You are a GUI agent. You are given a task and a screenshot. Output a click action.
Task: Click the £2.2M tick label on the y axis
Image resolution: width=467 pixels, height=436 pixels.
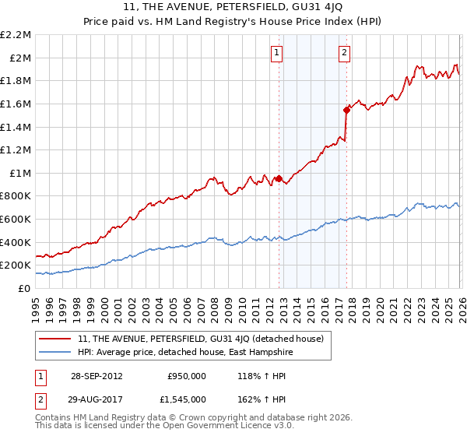[16, 35]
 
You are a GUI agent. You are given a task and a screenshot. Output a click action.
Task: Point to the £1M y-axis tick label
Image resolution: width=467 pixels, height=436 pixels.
[20, 173]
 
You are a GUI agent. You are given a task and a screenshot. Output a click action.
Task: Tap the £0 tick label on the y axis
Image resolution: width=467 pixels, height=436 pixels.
[24, 288]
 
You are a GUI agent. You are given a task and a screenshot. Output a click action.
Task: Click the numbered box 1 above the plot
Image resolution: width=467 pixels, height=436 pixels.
[277, 53]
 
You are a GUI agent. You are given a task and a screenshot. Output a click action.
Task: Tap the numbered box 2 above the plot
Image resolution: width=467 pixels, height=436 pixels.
[344, 53]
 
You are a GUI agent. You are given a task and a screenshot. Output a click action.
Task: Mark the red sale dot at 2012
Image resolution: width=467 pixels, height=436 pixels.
[279, 178]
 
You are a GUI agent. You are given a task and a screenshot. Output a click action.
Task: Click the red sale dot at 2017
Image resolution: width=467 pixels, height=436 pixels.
[346, 110]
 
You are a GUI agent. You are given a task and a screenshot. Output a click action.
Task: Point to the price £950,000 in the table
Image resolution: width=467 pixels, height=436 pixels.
[187, 375]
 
